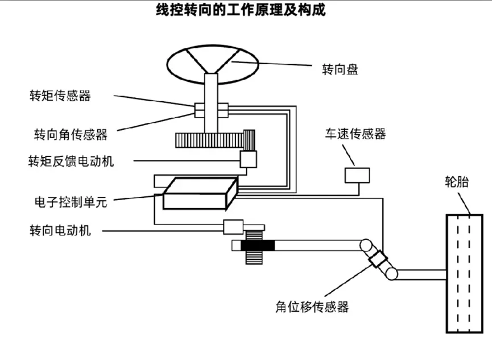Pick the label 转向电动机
click(x=60, y=230)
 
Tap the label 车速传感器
click(x=355, y=134)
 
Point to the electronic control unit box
click(x=199, y=193)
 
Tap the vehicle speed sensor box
click(x=357, y=175)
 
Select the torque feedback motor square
click(x=249, y=159)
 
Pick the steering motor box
click(x=233, y=226)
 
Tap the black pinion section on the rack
click(x=258, y=246)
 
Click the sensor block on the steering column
click(x=211, y=109)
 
